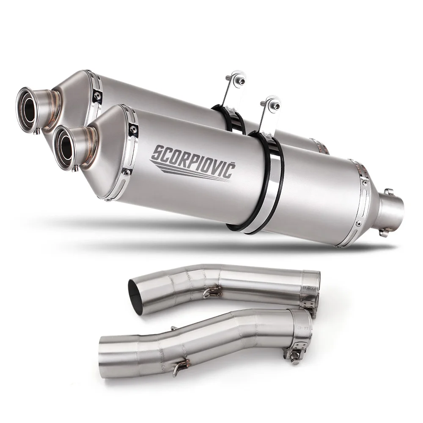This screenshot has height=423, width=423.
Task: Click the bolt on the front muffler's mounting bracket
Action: pyautogui.click(x=275, y=106)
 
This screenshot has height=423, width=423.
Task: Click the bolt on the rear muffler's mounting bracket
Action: pyautogui.click(x=241, y=81)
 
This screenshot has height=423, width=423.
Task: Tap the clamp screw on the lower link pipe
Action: pyautogui.click(x=294, y=353)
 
